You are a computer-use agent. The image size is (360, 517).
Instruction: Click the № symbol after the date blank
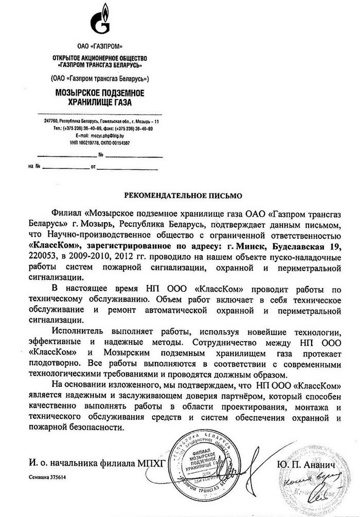(x=101, y=154)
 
